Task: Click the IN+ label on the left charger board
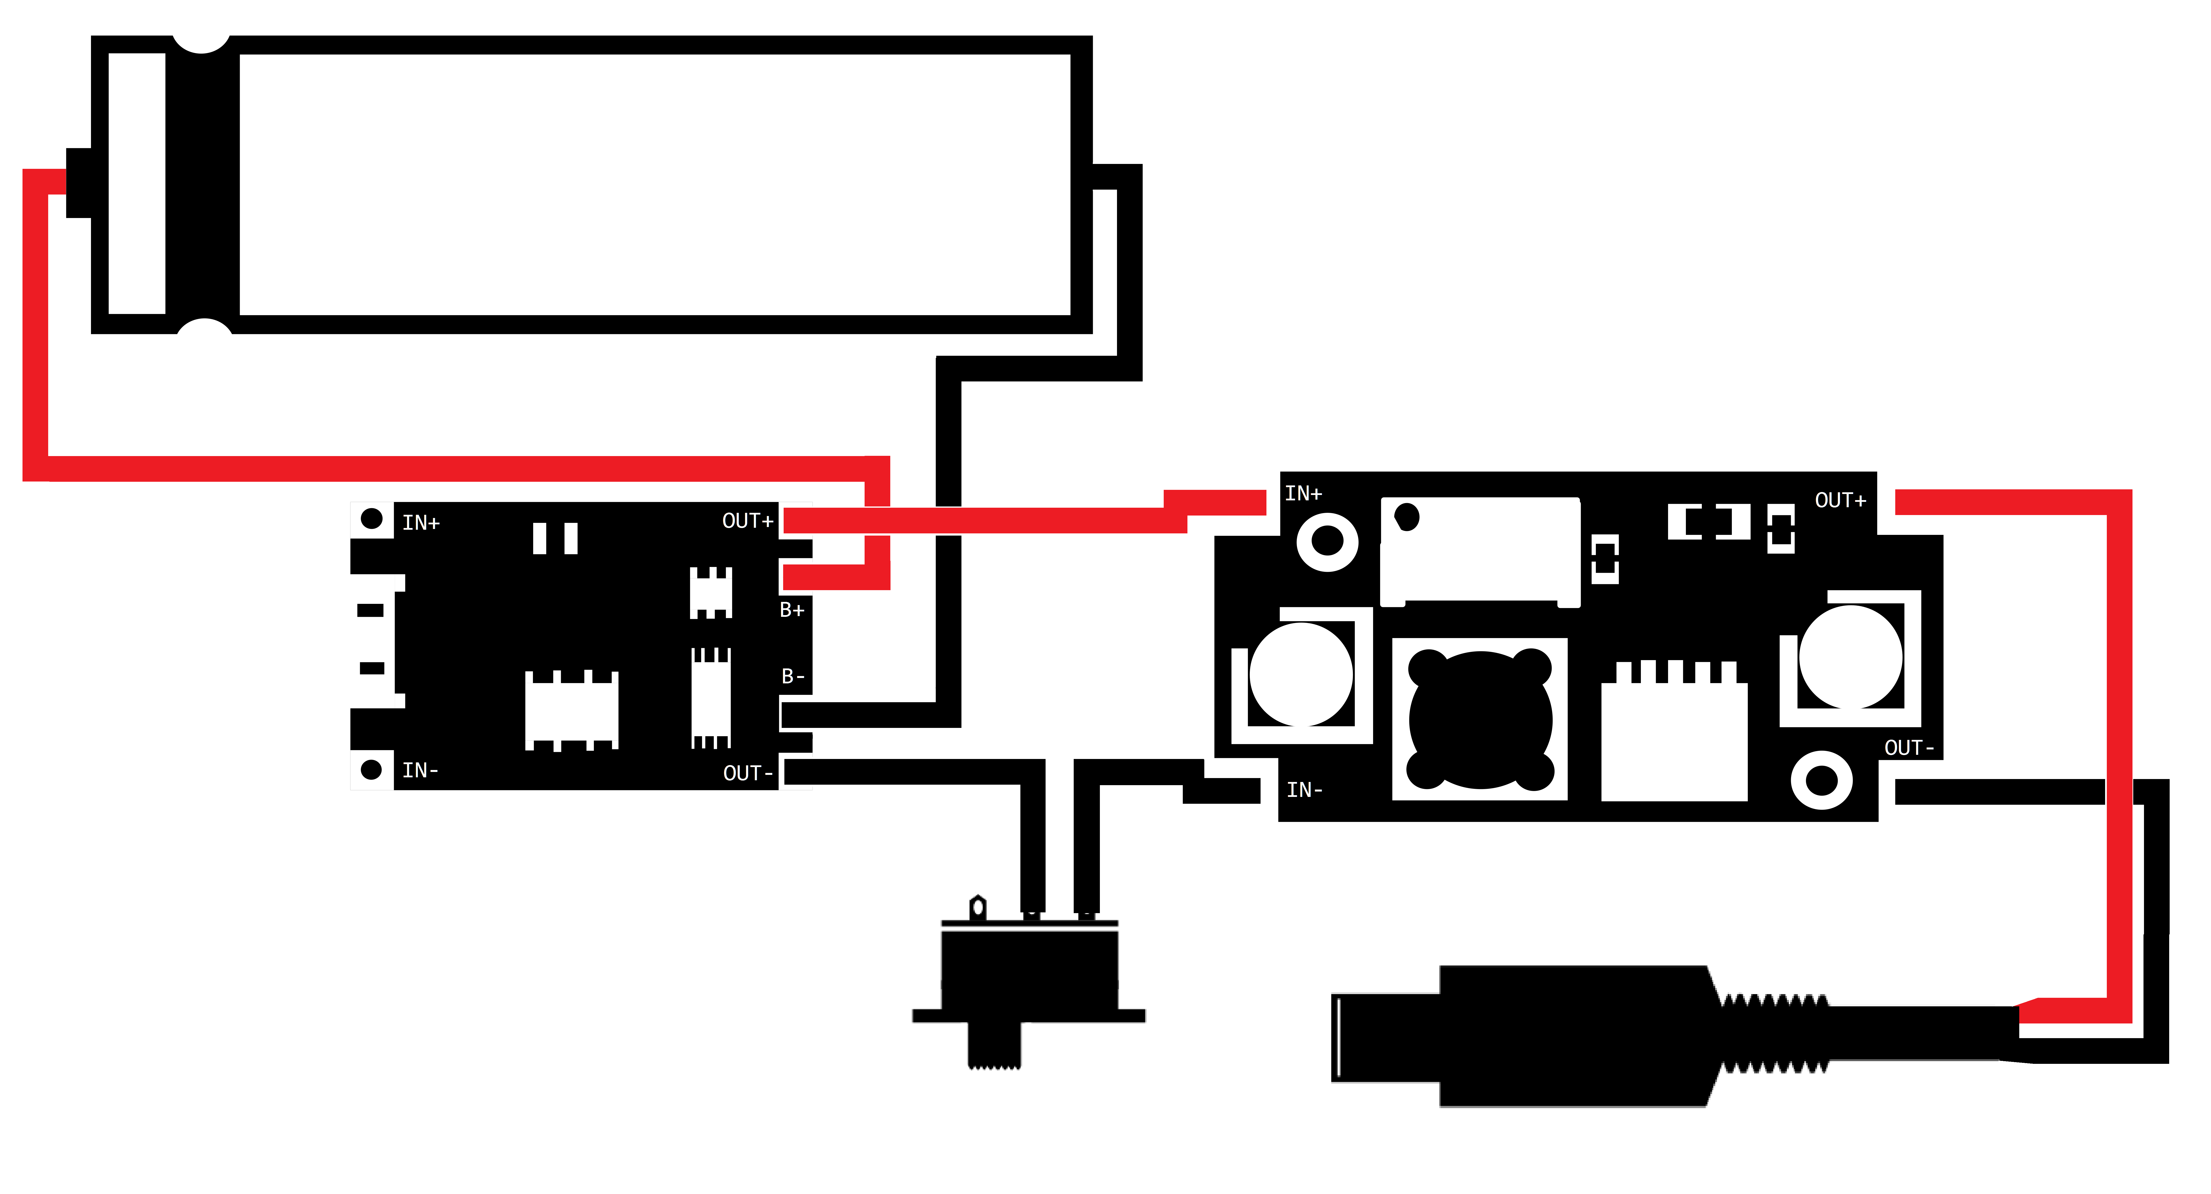click(x=421, y=523)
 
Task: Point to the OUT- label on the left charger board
click(x=747, y=773)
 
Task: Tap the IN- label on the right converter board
click(x=1304, y=790)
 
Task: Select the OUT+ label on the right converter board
click(x=1839, y=500)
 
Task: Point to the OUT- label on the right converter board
click(x=1908, y=748)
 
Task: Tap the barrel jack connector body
click(x=1571, y=1036)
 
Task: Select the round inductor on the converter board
click(x=1480, y=719)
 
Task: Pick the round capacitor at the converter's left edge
click(x=1300, y=675)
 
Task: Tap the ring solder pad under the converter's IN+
click(x=1327, y=542)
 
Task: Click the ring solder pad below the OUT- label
click(x=1821, y=780)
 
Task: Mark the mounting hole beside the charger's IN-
click(x=371, y=769)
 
